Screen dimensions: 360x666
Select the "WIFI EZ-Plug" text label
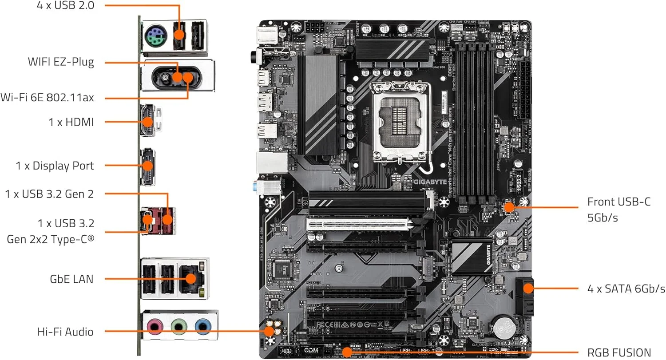point(61,62)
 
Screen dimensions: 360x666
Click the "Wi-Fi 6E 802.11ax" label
point(48,97)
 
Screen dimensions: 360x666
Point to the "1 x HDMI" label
point(71,122)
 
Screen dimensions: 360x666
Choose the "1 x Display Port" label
point(55,166)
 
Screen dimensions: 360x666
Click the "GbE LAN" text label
point(71,279)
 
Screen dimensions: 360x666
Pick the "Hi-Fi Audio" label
point(65,331)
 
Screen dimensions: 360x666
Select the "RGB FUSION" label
point(619,352)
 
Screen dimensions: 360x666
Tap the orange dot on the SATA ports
point(527,289)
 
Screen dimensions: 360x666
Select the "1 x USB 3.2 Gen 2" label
point(49,194)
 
